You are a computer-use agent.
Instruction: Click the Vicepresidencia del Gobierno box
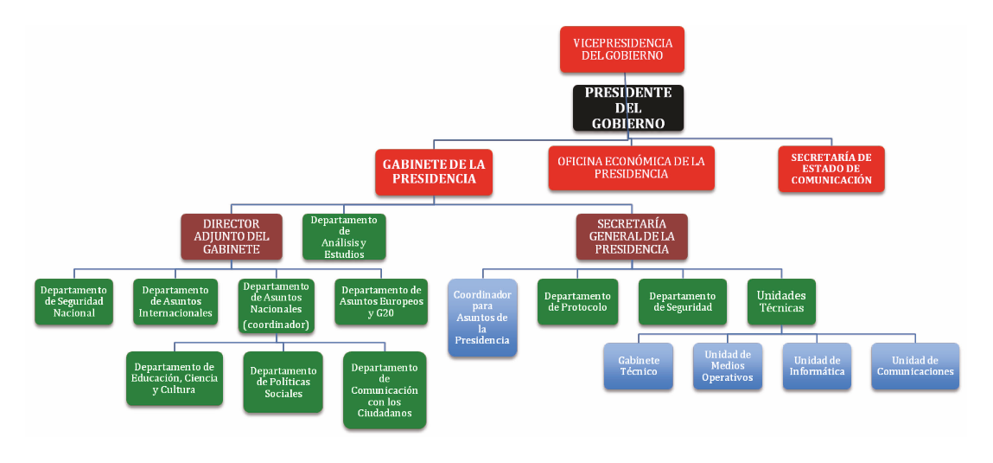[x=622, y=49]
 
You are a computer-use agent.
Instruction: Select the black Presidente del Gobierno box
[x=628, y=108]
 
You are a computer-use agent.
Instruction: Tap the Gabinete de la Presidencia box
[x=434, y=171]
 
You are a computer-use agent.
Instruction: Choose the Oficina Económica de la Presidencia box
[x=631, y=168]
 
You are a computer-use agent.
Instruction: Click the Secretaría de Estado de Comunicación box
[x=831, y=169]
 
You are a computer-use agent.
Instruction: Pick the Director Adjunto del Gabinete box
[x=232, y=236]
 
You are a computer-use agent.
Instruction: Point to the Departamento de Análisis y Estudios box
[x=344, y=236]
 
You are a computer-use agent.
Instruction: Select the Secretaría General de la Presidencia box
[x=632, y=236]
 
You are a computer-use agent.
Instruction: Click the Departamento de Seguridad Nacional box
[x=74, y=301]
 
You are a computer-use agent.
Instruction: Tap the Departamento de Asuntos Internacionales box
[x=177, y=301]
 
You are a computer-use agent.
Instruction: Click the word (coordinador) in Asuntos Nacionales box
[x=276, y=325]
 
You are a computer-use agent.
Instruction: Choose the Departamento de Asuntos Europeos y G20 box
[x=381, y=301]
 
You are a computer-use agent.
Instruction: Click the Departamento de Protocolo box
[x=577, y=301]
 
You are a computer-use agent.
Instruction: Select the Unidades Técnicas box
[x=780, y=301]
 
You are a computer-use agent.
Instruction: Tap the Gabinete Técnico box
[x=638, y=365]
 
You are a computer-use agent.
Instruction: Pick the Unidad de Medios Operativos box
[x=727, y=365]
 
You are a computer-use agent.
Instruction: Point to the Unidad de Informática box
[x=817, y=365]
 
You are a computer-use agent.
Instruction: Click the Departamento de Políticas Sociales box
[x=283, y=382]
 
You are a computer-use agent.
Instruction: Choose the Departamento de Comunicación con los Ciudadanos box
[x=385, y=389]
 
